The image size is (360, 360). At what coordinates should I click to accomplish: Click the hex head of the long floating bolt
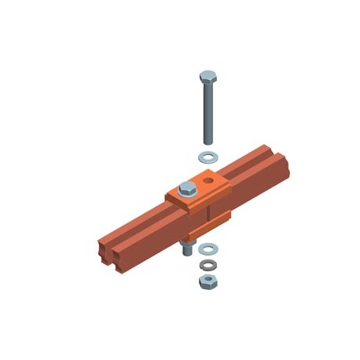pos(208,77)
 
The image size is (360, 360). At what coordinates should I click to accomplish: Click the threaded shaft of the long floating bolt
pos(208,114)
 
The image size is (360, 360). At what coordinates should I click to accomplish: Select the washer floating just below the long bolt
pos(208,155)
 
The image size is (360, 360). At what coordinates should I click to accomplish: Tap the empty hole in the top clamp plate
pos(209,181)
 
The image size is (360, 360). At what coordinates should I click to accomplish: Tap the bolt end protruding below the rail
pos(189,250)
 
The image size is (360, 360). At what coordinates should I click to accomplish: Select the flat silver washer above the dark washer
pos(208,249)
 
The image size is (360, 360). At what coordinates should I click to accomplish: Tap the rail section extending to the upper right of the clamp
pos(252,173)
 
